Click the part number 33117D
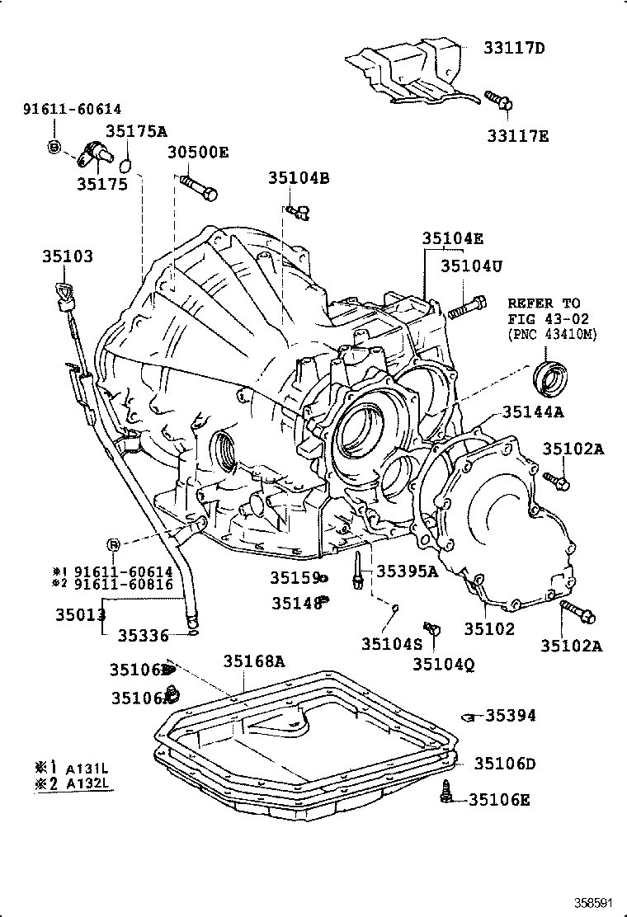pyautogui.click(x=514, y=48)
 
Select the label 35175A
pyautogui.click(x=136, y=130)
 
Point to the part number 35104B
pyautogui.click(x=298, y=177)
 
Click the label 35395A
pyautogui.click(x=408, y=571)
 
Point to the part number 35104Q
pyautogui.click(x=443, y=664)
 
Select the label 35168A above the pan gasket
pyautogui.click(x=254, y=661)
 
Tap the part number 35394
pyautogui.click(x=510, y=716)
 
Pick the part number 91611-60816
pyautogui.click(x=123, y=584)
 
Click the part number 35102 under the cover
pyautogui.click(x=488, y=628)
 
